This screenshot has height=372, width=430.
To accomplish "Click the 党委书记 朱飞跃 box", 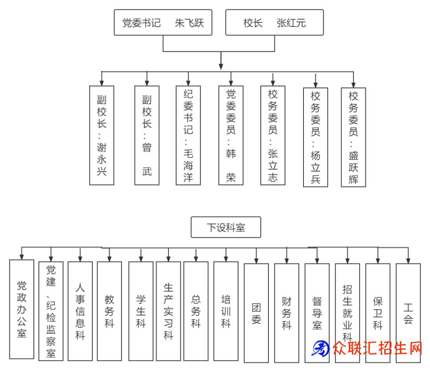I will point(163,23).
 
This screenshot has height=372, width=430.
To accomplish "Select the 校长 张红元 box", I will point(274,23).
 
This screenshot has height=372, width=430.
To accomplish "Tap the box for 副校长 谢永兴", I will point(102,135).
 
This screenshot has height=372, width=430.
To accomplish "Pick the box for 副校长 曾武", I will point(147,135).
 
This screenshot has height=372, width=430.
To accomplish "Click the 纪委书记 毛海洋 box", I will point(188,135).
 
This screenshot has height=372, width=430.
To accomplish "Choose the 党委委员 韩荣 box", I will point(231,135).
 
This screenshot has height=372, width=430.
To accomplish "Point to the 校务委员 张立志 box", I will point(273,135).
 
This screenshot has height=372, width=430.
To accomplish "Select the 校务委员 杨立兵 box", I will point(315,137).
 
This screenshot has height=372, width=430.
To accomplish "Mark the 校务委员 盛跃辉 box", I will point(353,137).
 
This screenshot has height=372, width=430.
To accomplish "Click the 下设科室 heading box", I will point(226,227).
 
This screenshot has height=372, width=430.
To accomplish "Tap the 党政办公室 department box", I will point(22,309).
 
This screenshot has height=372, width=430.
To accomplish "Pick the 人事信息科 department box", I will point(80,310).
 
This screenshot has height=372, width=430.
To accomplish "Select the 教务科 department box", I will point(109,310).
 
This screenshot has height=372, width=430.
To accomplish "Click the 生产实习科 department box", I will point(168,310).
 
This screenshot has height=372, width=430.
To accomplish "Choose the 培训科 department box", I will point(226,310).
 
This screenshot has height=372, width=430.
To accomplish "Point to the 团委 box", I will point(256,313).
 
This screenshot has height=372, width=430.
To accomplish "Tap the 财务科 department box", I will point(286,313).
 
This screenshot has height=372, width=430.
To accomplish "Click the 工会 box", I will point(408,313).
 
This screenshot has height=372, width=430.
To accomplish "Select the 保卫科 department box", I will point(377,313).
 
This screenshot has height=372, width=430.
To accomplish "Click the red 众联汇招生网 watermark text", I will point(376,348).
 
